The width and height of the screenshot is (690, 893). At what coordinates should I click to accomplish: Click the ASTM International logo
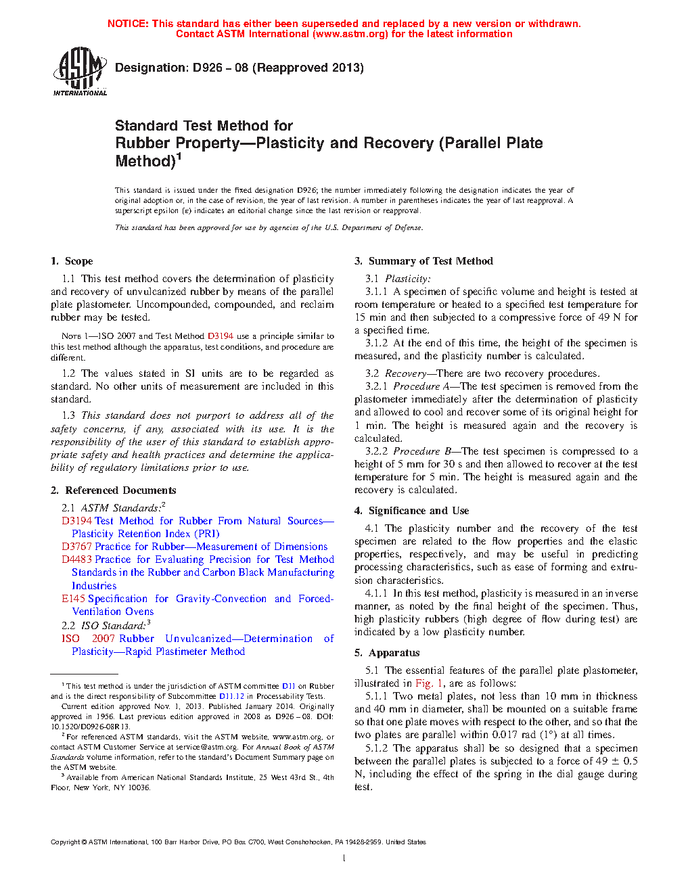[80, 71]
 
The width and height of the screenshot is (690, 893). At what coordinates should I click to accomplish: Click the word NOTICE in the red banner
[128, 24]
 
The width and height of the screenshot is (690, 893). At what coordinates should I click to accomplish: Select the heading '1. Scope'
[72, 261]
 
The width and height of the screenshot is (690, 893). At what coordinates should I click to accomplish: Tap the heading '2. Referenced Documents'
[113, 490]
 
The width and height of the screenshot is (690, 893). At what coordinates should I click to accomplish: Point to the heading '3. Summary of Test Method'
[423, 261]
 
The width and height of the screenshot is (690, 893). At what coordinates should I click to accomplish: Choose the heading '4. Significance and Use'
[411, 511]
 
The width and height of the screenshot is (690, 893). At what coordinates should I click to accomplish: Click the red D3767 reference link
[76, 547]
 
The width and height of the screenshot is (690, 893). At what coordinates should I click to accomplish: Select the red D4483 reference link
[76, 559]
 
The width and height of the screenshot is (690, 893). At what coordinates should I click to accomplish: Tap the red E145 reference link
[73, 599]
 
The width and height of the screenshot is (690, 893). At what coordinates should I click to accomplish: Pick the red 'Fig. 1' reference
[429, 683]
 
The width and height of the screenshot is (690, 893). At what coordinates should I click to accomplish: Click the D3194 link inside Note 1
[221, 336]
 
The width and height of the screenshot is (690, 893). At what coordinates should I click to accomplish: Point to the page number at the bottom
[344, 858]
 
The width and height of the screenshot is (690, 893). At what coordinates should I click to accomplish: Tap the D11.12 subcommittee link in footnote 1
[231, 696]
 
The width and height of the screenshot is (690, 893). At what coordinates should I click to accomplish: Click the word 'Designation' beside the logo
[151, 68]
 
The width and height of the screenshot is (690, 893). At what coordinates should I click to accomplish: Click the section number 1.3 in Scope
[68, 415]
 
